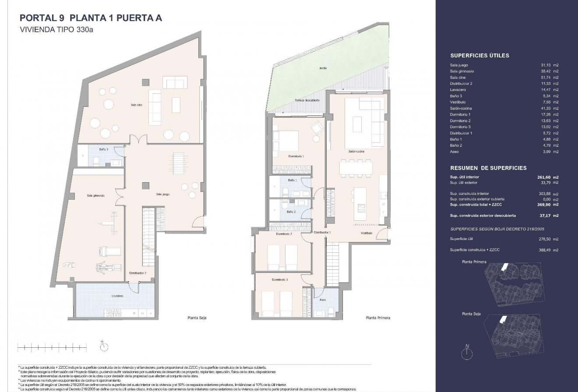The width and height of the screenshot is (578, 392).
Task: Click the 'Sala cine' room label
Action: tap(136, 105)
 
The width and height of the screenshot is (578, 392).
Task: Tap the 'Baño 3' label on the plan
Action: tap(103, 149)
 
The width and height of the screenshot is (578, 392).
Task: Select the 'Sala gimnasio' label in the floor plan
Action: tap(96, 195)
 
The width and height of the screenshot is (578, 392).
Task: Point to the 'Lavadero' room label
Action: tap(117, 296)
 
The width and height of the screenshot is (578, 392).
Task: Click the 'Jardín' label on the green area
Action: tap(323, 68)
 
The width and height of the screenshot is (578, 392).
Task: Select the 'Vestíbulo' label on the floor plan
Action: tap(367, 233)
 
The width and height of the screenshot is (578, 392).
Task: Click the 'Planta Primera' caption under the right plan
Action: tap(377, 318)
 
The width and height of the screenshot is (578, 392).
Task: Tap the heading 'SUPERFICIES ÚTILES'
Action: tap(479, 56)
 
